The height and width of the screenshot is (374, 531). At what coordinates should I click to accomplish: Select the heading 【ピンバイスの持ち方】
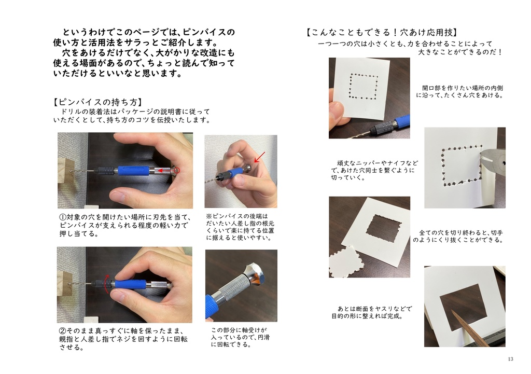(x=98, y=102)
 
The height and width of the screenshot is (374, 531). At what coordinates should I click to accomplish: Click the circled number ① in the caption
(x=63, y=217)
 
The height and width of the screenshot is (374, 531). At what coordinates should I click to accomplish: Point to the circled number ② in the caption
(x=62, y=330)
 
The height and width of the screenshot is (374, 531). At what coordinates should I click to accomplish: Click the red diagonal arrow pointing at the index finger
(x=260, y=156)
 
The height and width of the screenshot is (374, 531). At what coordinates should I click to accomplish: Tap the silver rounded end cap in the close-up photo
(x=255, y=273)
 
